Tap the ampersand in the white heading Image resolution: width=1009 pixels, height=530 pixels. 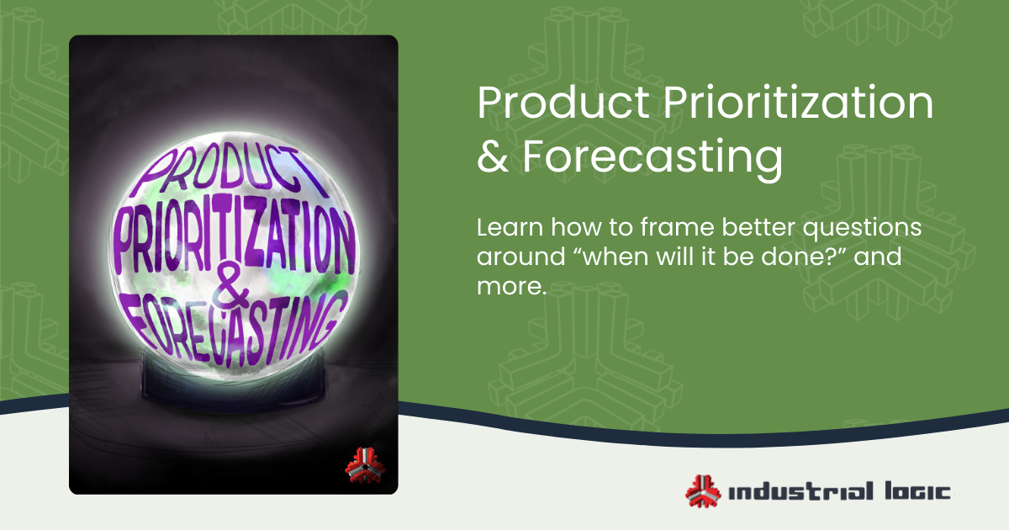coord(489,157)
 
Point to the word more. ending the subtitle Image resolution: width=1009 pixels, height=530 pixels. coord(512,287)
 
